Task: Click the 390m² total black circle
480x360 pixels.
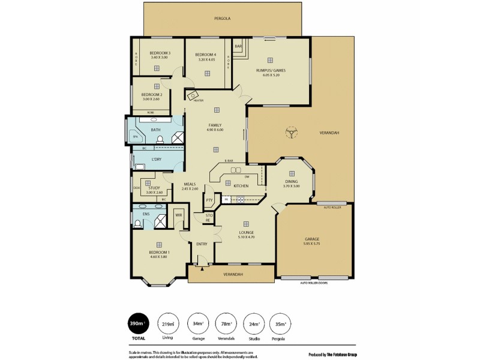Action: (139, 325)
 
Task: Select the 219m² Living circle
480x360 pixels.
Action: (168, 325)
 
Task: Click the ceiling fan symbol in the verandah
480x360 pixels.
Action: (292, 132)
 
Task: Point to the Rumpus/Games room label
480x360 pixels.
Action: (271, 70)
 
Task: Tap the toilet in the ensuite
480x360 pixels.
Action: (138, 223)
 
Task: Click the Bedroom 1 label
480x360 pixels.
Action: (159, 252)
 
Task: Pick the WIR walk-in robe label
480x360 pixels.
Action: (179, 215)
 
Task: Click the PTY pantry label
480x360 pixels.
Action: (209, 200)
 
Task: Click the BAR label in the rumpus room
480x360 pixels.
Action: (238, 46)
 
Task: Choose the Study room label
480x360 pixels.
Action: (154, 188)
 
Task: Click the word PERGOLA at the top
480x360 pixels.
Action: (223, 19)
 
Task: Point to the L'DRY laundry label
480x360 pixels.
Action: (157, 159)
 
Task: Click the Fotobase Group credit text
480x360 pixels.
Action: (335, 353)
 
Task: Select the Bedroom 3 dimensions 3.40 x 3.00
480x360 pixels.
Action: (160, 58)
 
